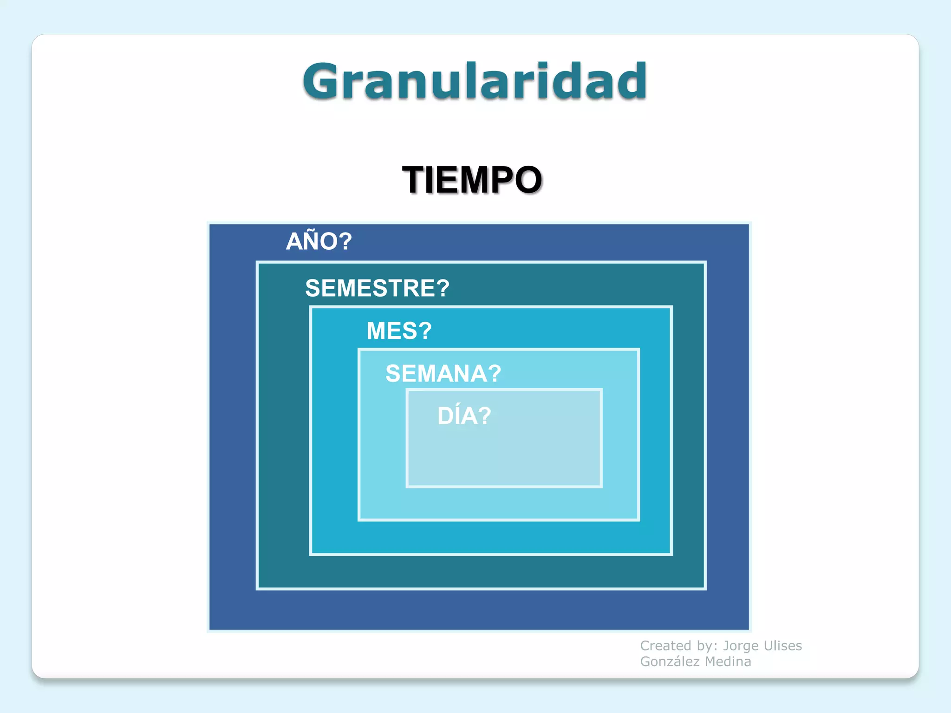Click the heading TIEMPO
point(472,180)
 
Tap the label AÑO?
point(319,241)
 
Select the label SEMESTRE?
point(377,288)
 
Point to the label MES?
point(399,331)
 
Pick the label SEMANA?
point(443,374)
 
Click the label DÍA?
point(464,416)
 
